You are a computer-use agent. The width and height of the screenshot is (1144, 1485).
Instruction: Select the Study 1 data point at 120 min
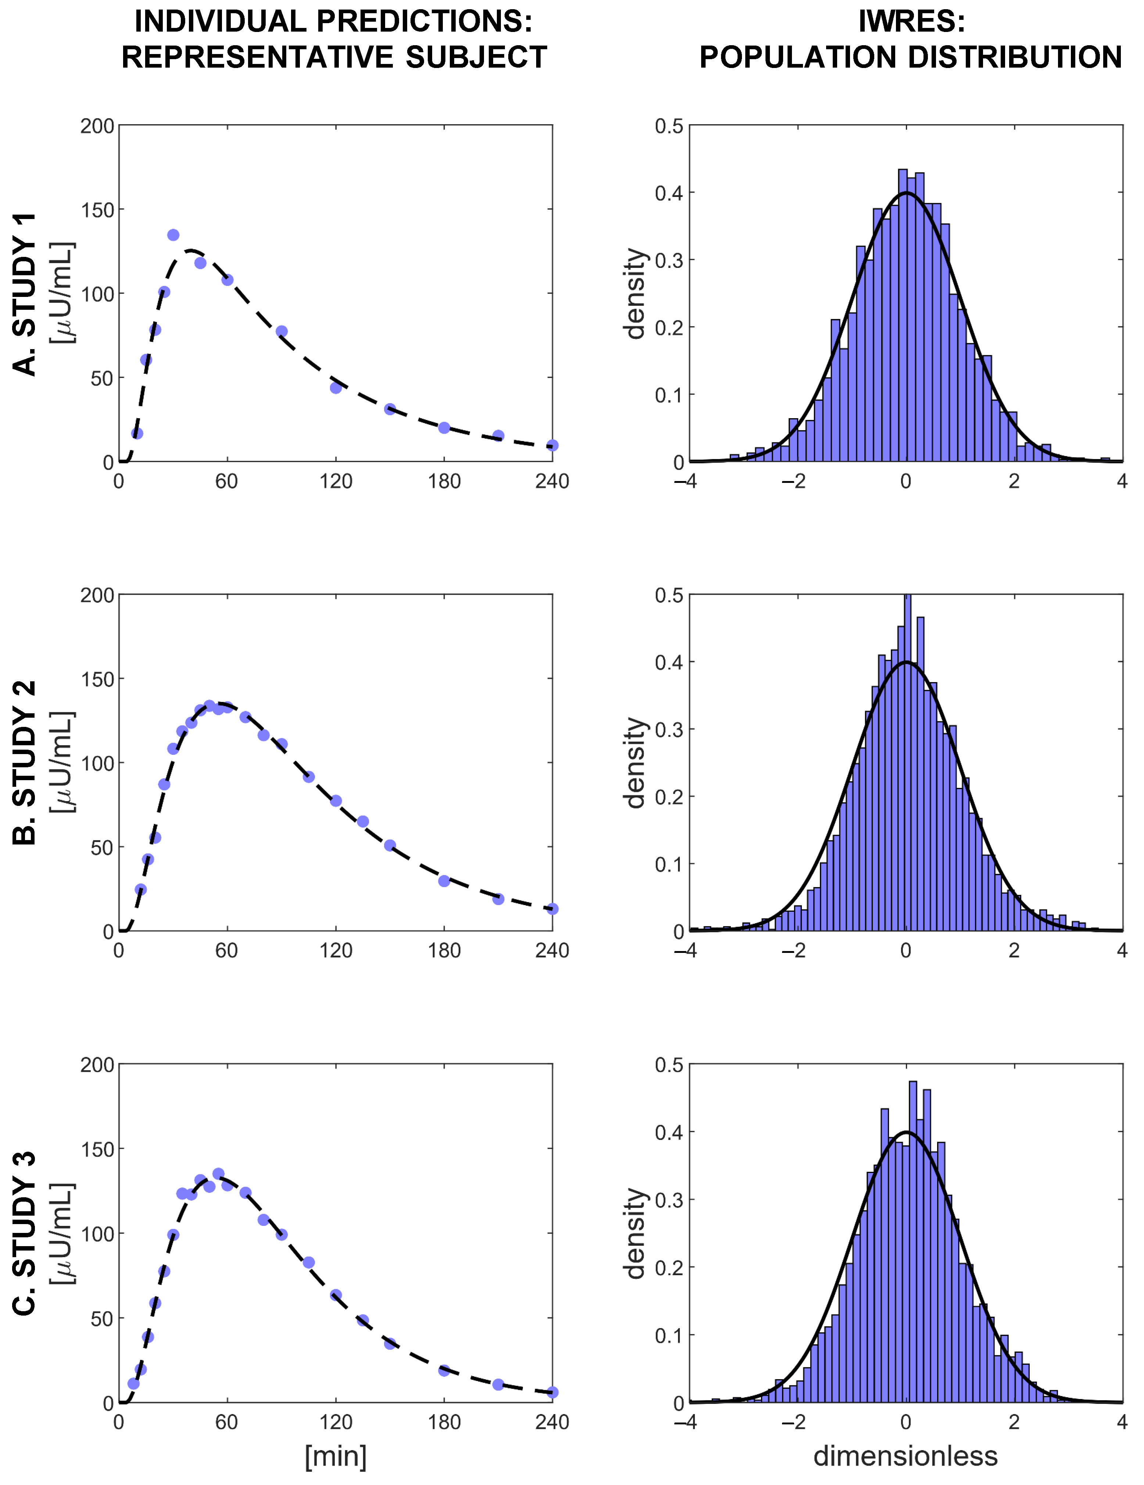335,388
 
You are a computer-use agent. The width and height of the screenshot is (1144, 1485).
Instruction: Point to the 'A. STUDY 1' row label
25,294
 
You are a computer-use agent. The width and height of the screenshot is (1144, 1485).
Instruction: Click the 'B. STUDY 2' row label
25,763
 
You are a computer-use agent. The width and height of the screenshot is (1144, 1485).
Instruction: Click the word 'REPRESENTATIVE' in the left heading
257,57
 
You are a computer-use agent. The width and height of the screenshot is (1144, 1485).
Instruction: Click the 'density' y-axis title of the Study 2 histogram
635,763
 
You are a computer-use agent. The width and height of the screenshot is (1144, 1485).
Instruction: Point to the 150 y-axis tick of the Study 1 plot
97,210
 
